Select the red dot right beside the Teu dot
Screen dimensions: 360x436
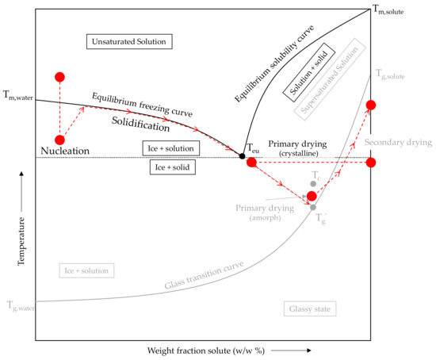(251, 163)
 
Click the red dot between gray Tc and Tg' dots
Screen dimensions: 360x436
(312, 195)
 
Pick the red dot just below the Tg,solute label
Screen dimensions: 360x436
(369, 105)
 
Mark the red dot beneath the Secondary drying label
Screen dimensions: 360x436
(369, 163)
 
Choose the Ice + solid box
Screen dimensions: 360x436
(174, 167)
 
